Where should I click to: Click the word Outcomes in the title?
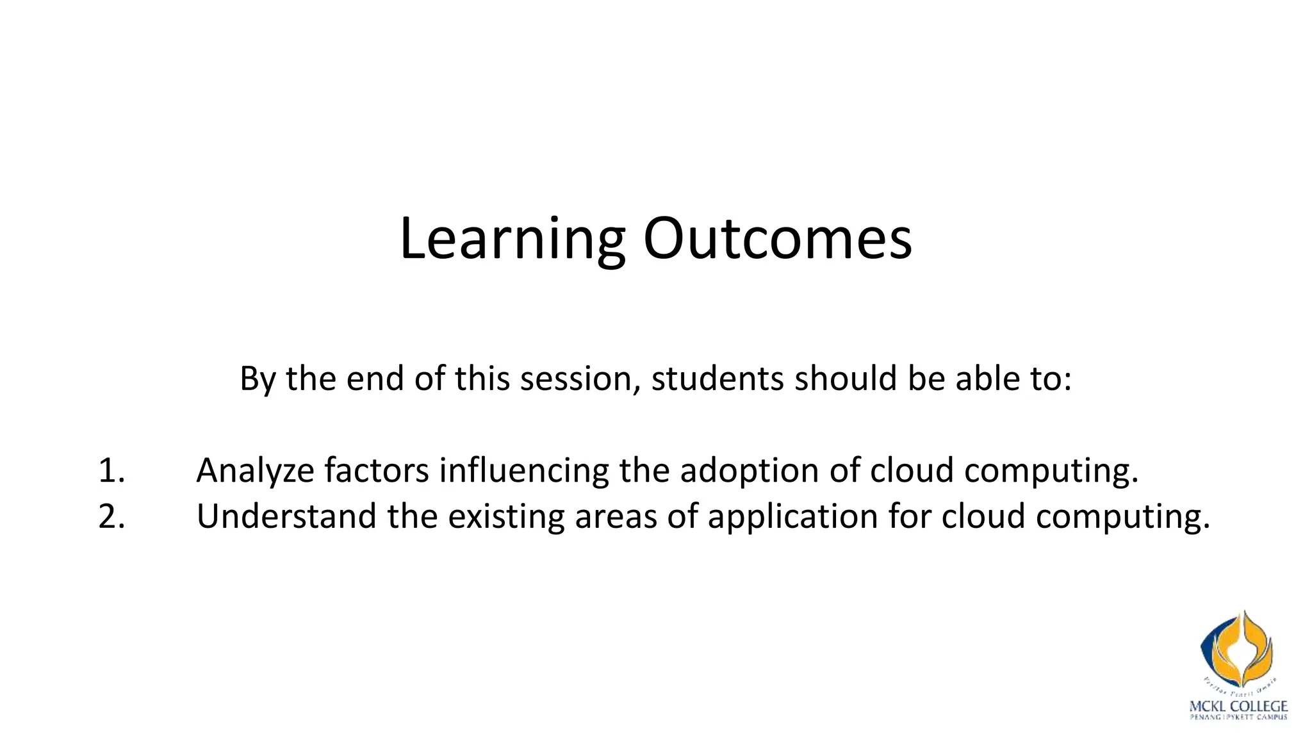tap(777, 238)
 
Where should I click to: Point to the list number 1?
tap(111, 471)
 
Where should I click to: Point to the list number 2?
tap(111, 516)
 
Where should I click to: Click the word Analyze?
tap(255, 471)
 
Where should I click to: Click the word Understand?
tap(286, 516)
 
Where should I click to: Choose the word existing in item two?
tap(506, 516)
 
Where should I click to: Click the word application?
tap(792, 516)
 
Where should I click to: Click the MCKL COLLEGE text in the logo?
tap(1238, 707)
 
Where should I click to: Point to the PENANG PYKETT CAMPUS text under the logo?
tap(1238, 717)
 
